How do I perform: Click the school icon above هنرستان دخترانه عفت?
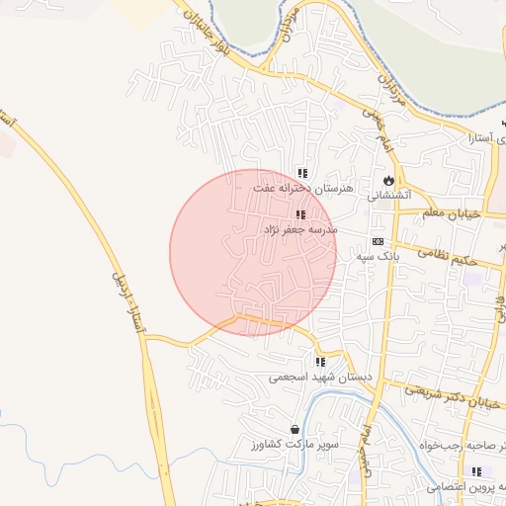pos(301,173)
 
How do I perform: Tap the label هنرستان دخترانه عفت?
pos(295,188)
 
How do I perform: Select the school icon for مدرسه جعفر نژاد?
pos(299,214)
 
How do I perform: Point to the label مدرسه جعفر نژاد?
pos(299,229)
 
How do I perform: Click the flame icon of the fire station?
pos(389,181)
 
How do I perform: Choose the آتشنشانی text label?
pos(374,196)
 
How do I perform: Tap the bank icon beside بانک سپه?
pos(378,241)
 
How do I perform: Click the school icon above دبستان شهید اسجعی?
pos(319,363)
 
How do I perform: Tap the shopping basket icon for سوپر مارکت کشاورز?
pos(295,430)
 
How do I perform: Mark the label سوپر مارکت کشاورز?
pos(287,445)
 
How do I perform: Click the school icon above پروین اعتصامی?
pos(477,471)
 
